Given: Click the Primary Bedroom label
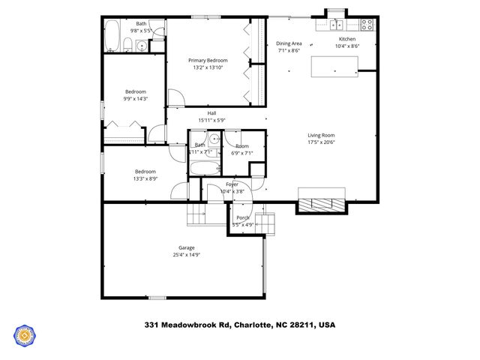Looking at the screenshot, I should coord(208,60).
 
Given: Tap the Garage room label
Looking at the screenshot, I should coord(186,247).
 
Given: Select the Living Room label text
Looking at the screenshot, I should coord(321,135).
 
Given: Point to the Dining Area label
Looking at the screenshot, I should coord(289,43).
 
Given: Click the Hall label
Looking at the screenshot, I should coord(212,113).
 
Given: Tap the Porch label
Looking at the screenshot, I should coord(242,217).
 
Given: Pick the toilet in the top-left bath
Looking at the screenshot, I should coord(141,46).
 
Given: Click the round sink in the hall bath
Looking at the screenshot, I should coord(213,138).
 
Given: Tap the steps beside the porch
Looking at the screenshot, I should coord(265,223).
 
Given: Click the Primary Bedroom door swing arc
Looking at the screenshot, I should coord(174,97).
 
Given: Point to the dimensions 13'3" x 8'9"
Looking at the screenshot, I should coord(145,178).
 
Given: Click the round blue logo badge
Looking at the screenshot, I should coord(25,334).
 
